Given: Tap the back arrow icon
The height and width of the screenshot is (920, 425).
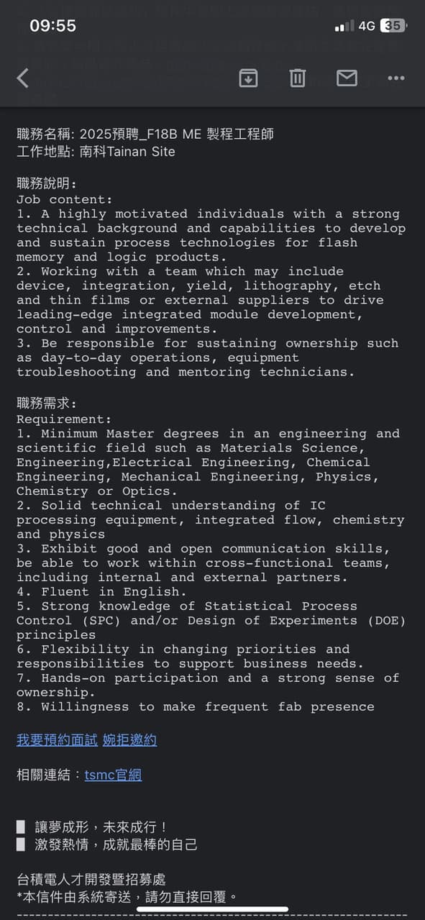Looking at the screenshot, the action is (23, 78).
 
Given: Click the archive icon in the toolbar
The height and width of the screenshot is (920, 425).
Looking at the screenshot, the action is (248, 78).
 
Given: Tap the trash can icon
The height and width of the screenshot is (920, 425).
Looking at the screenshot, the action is (298, 78).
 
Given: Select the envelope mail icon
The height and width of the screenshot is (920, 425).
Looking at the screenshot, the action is (347, 78).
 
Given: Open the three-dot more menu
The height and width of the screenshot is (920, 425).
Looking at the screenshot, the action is (396, 78).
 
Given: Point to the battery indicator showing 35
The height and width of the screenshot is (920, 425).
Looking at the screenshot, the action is (393, 26).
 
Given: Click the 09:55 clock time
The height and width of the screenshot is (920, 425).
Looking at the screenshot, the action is (52, 26).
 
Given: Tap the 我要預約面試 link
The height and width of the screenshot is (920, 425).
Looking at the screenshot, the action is (58, 739).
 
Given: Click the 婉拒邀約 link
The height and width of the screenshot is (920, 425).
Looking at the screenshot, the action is (129, 739).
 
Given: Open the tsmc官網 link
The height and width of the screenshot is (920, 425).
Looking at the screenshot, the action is (113, 775).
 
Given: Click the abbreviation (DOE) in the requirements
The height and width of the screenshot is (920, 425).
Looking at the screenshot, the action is (385, 620).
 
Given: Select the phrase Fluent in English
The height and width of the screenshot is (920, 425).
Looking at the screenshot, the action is (114, 591).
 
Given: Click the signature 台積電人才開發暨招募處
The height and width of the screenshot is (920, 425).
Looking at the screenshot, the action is (91, 880).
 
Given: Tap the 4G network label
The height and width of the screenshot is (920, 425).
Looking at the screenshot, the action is (367, 26).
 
